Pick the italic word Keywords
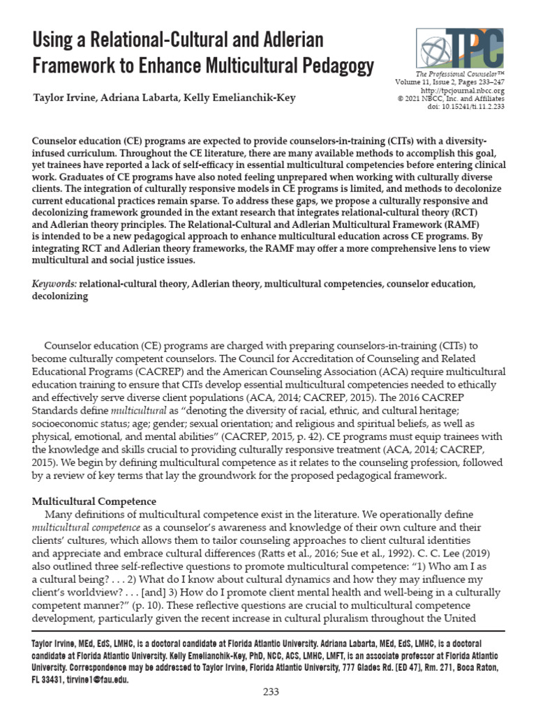[x=54, y=284]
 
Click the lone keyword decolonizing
[x=60, y=296]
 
